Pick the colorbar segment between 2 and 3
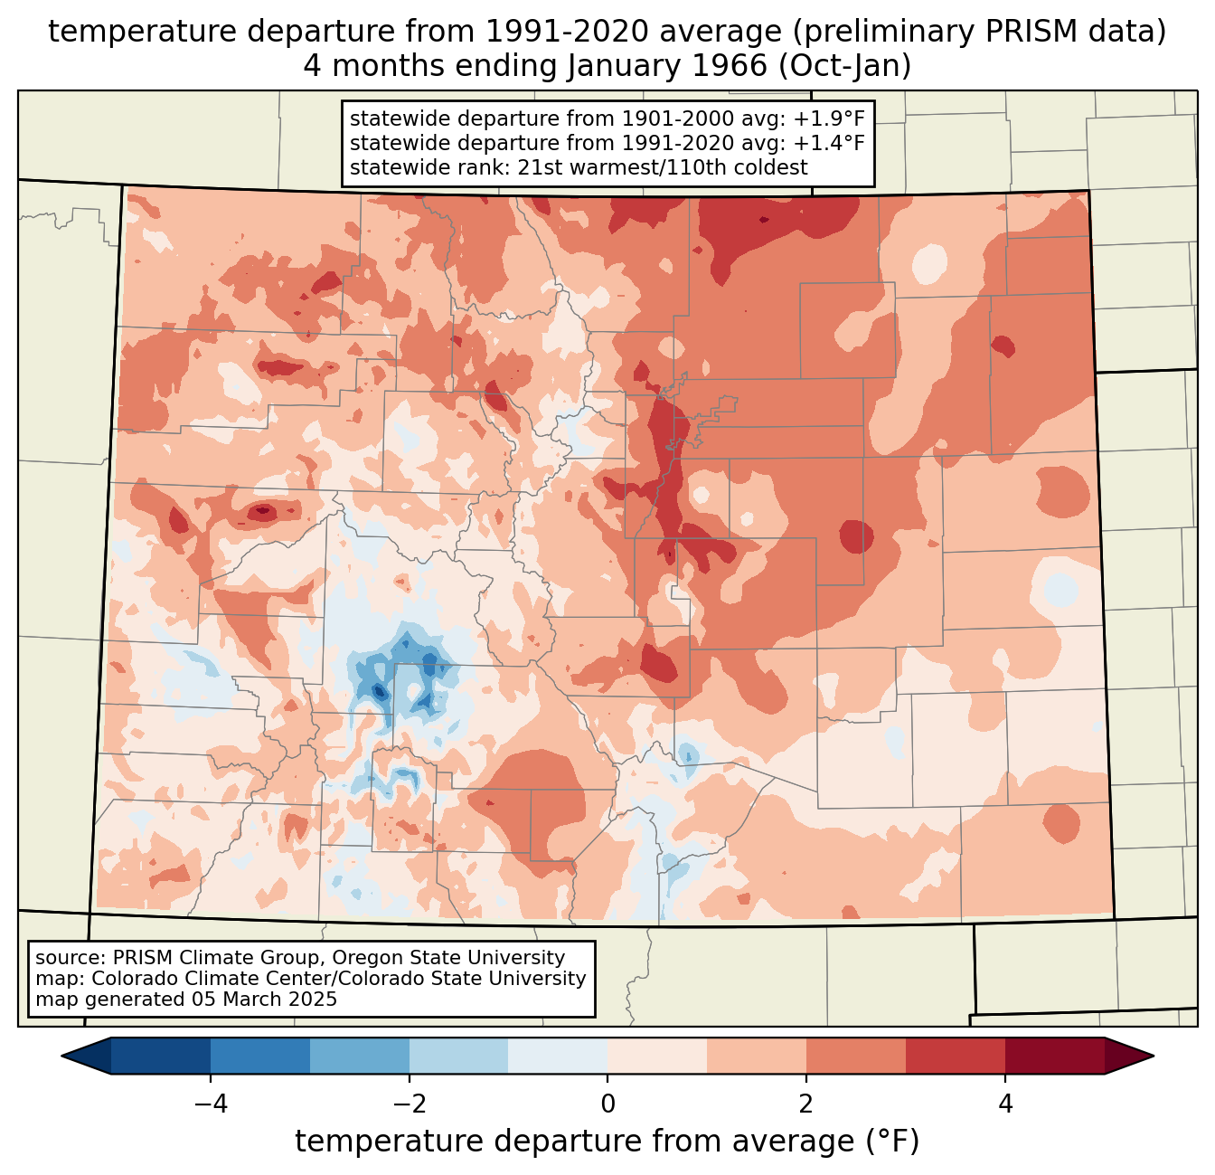click(x=855, y=1056)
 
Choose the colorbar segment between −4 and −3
click(x=260, y=1056)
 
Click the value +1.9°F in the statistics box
click(x=829, y=119)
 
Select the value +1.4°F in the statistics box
click(x=829, y=143)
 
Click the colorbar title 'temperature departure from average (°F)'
click(x=607, y=1142)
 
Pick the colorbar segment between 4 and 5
click(x=1054, y=1056)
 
